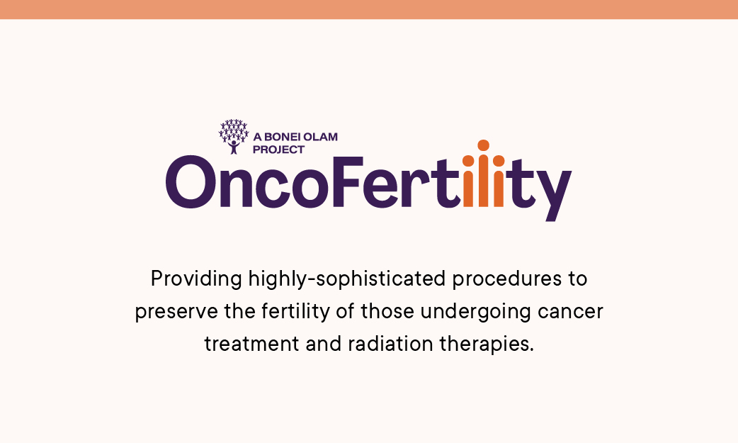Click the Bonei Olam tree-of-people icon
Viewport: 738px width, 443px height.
click(234, 137)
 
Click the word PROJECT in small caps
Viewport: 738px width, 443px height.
click(278, 150)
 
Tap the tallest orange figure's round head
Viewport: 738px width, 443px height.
click(483, 145)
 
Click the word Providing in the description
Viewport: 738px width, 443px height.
click(196, 279)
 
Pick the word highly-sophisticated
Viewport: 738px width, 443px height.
click(347, 279)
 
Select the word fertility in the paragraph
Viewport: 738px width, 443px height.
click(295, 311)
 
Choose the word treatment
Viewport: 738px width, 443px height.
click(252, 344)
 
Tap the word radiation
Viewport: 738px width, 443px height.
click(391, 344)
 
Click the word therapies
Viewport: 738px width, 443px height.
click(487, 344)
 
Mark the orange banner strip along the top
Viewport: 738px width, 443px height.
click(369, 9)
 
